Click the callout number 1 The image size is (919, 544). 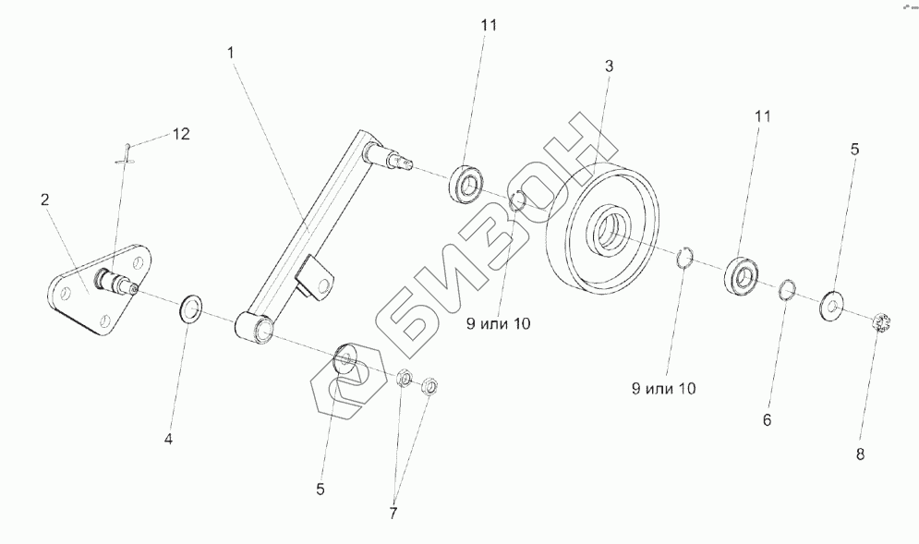[x=230, y=54]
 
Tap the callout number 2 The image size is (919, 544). [x=45, y=199]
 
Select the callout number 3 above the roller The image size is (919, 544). [x=609, y=66]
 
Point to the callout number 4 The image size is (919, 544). [x=168, y=440]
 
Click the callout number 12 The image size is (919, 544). [x=180, y=134]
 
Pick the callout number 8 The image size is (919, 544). [x=862, y=453]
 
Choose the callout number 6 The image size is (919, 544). [x=766, y=420]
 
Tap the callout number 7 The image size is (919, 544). [x=393, y=513]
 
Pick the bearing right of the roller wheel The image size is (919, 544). [x=741, y=275]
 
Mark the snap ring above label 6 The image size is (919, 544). [x=786, y=289]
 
